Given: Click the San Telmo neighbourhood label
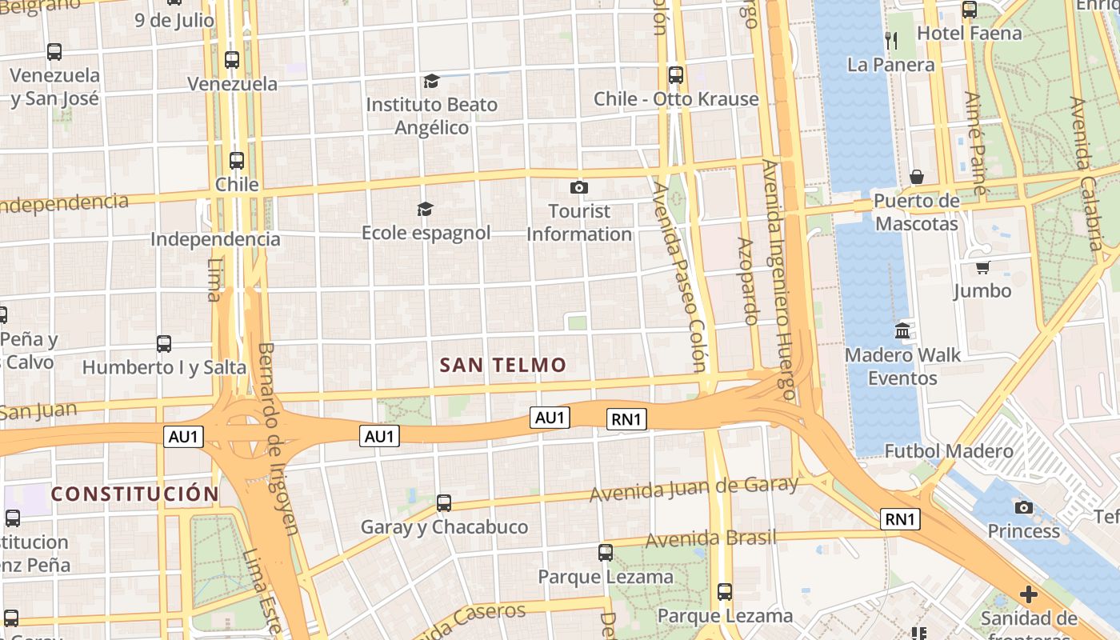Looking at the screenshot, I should click(503, 366).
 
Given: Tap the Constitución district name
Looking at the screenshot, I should click(134, 494).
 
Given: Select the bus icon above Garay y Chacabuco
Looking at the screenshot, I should click(444, 503).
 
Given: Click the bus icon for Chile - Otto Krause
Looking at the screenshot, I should click(676, 75).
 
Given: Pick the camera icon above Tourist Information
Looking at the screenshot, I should click(579, 188).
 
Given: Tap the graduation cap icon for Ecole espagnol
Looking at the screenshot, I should click(425, 210).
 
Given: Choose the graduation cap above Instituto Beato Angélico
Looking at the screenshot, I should click(431, 81).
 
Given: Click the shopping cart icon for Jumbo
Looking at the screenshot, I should click(982, 267).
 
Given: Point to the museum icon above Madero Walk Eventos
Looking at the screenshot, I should click(903, 330).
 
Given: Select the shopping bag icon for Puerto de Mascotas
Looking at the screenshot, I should click(917, 176).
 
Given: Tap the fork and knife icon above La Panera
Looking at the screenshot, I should click(891, 40).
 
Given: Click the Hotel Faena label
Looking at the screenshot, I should click(970, 34).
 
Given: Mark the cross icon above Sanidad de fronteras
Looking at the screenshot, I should click(1029, 595).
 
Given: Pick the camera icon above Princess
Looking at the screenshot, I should click(1023, 507).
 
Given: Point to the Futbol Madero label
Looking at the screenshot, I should click(949, 451).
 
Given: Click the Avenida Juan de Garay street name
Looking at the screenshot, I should click(694, 488).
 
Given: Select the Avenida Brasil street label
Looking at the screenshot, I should click(710, 538).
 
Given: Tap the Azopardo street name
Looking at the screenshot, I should click(747, 281).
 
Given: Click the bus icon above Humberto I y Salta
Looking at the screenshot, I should click(164, 344).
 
